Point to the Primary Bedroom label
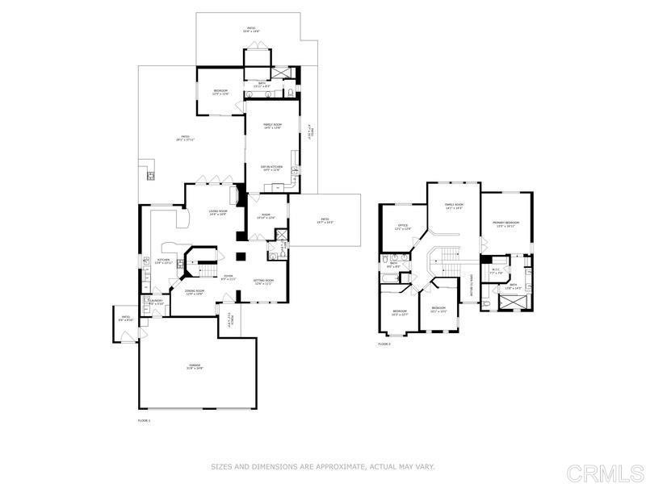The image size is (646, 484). point(506,223)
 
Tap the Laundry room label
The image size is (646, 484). point(157,301)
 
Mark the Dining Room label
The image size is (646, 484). point(194,292)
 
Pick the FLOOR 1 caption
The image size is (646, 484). point(144,420)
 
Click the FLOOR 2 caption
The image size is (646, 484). point(384,344)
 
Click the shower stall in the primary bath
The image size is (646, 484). point(514,302)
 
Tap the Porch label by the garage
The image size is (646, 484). point(230,321)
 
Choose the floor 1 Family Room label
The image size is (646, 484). point(272,126)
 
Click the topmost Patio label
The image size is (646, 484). point(251,29)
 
